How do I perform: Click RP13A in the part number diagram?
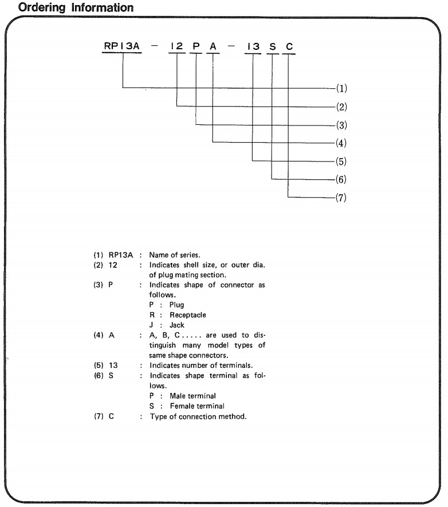(x=121, y=46)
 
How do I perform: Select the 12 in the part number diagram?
(x=176, y=46)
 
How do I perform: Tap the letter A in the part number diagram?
(x=213, y=46)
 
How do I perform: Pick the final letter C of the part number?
(x=289, y=46)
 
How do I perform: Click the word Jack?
(x=169, y=325)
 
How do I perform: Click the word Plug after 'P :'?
(x=169, y=305)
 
